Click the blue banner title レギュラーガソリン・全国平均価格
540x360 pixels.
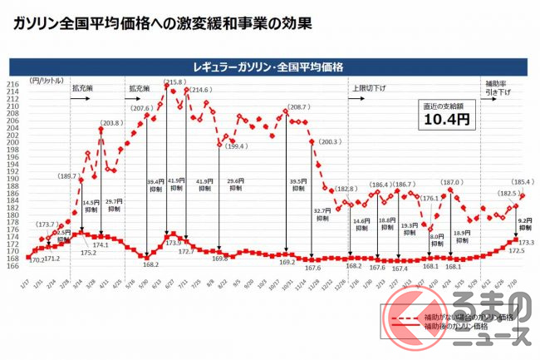[x=269, y=65]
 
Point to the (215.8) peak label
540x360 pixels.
[x=174, y=82]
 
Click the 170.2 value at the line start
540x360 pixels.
[x=36, y=259]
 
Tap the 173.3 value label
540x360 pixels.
[x=525, y=242]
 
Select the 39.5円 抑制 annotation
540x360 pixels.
[x=297, y=185]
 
